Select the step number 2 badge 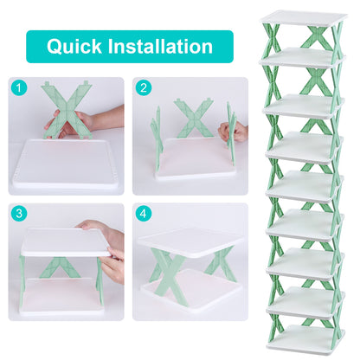click(x=143, y=87)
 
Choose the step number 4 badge click(x=143, y=212)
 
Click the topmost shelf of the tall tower click(x=304, y=17)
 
